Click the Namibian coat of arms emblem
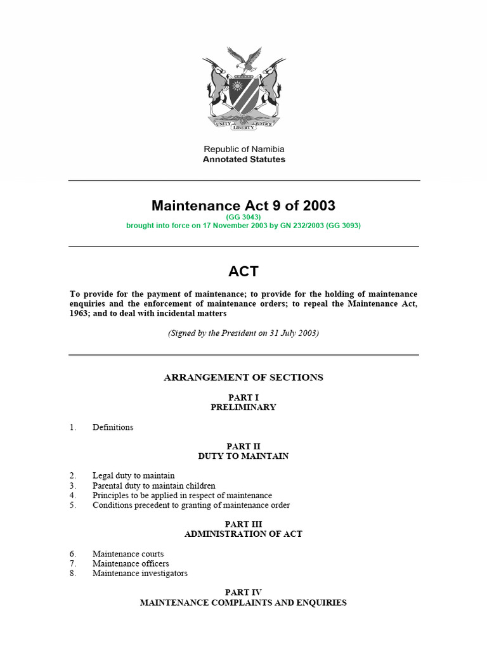pos(243,92)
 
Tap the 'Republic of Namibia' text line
pos(243,149)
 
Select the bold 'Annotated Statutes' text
pos(243,160)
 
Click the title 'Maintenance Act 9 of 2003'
pos(243,205)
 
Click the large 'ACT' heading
pos(243,271)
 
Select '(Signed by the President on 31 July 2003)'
pos(243,333)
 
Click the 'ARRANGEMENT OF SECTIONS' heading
pos(243,377)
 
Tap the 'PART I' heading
pos(243,397)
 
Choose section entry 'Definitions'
pos(113,427)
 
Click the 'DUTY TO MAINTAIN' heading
pos(243,456)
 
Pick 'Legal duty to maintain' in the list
pos(133,475)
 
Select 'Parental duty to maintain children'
pos(153,485)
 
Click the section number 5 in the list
pos(73,505)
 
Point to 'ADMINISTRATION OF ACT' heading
pos(243,534)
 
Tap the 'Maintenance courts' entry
pos(127,554)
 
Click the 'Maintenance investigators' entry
pos(140,574)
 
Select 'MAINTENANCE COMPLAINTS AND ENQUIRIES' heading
pos(243,603)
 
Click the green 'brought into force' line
pos(243,226)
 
